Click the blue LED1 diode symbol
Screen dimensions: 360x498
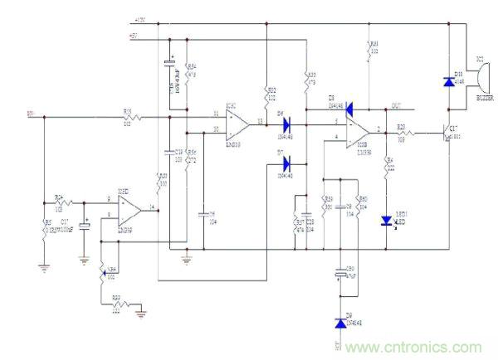(x=386, y=221)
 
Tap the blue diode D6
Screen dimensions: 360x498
(x=287, y=126)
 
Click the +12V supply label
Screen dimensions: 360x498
(x=139, y=19)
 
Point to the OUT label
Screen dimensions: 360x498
(x=397, y=105)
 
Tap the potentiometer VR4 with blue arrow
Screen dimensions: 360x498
(x=102, y=272)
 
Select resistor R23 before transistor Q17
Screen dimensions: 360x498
(x=403, y=133)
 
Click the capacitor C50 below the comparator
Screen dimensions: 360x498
(x=339, y=273)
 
